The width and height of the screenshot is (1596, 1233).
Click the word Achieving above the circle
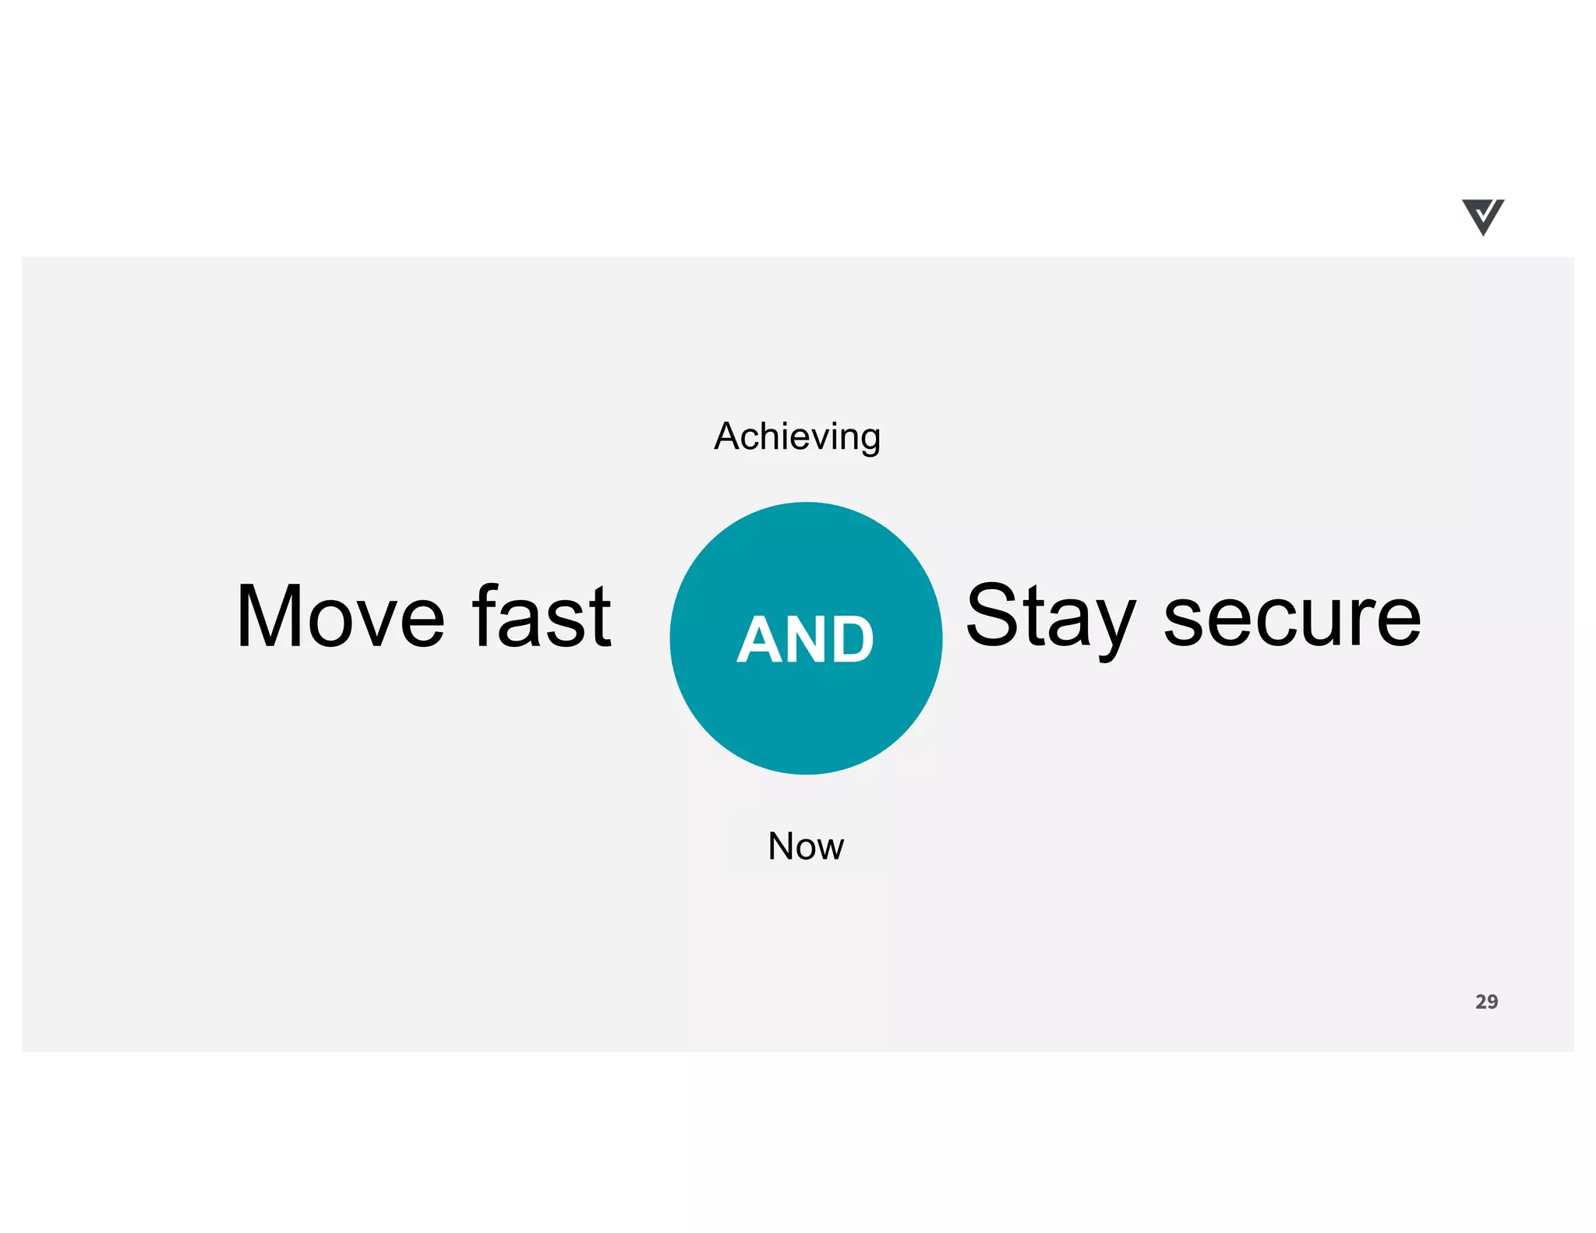[797, 436]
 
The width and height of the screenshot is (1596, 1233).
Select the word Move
[341, 616]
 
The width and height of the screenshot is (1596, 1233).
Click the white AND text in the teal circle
[806, 640]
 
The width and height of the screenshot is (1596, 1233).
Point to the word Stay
[1051, 616]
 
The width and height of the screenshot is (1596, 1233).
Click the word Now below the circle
[806, 846]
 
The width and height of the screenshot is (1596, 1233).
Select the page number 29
[1486, 1002]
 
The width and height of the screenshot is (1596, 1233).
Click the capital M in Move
[269, 616]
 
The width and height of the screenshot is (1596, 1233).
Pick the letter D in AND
[850, 640]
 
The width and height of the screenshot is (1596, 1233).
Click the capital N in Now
[781, 846]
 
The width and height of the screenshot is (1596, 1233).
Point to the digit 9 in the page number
[1492, 1002]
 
